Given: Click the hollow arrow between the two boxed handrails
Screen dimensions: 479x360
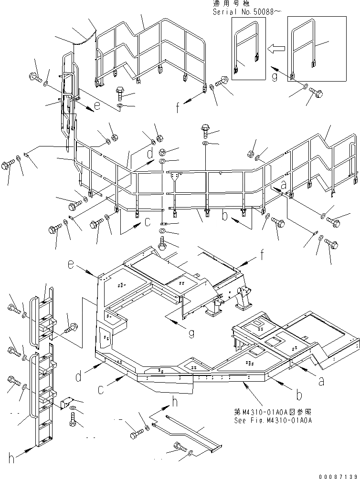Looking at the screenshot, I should point(276,48).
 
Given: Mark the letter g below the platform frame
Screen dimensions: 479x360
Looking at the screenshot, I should point(191,333).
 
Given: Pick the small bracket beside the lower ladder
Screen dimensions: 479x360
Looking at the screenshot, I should point(66,403).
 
